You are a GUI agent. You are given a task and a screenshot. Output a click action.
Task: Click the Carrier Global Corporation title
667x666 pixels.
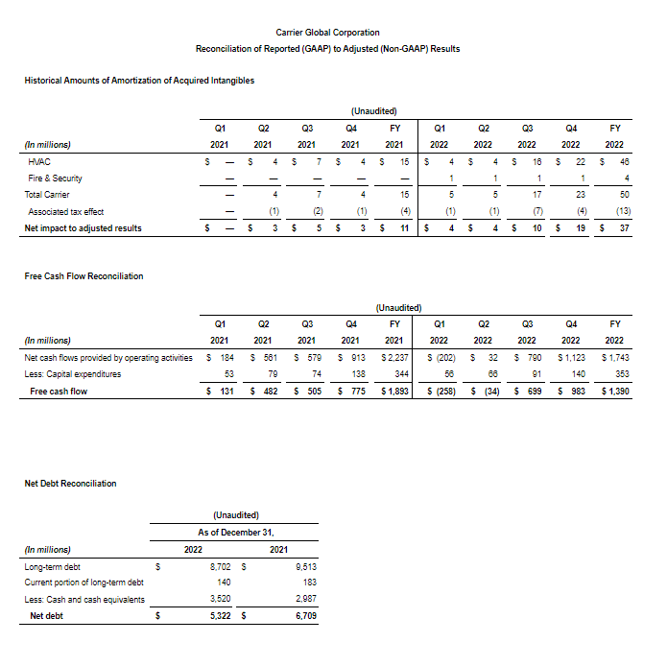click(327, 33)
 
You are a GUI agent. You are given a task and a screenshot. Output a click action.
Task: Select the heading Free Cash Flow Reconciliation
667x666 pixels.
click(83, 276)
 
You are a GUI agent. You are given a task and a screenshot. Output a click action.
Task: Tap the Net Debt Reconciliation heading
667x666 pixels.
click(70, 483)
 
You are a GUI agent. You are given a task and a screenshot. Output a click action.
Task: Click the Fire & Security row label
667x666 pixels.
click(56, 178)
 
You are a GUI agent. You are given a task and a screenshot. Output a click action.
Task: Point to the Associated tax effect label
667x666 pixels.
click(66, 211)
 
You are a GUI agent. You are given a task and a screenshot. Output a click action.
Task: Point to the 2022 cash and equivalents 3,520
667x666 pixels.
click(221, 599)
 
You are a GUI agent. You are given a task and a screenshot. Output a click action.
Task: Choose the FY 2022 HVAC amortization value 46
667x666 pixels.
click(623, 162)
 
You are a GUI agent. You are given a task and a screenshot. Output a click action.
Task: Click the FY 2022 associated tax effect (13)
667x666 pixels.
click(621, 211)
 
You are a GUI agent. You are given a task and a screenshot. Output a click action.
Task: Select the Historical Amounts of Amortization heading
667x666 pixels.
click(139, 81)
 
